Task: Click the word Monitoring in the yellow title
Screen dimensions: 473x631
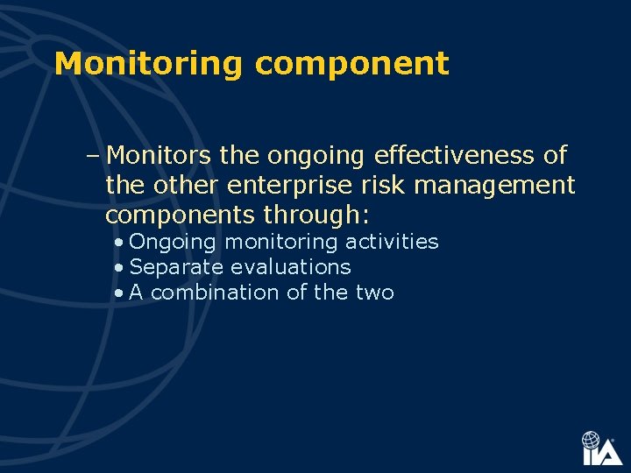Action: pos(147,64)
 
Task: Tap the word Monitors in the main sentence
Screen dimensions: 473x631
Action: pos(160,156)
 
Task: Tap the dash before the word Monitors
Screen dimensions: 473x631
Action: pos(93,157)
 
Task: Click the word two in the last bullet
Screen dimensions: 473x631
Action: pos(374,293)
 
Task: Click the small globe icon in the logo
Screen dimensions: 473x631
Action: pos(592,439)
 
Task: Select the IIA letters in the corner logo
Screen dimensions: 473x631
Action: pos(602,455)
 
